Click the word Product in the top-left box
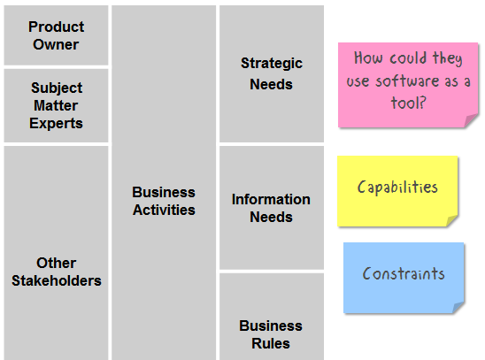tap(57, 27)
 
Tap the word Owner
tap(56, 44)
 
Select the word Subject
tap(57, 88)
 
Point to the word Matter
tap(56, 105)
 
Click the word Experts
tap(56, 124)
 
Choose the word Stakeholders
tap(57, 281)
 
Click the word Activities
tap(164, 211)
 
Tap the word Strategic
tap(272, 64)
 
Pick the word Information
tap(271, 199)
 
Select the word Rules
tap(271, 343)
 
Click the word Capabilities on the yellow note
tap(397, 188)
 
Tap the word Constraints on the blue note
tap(404, 274)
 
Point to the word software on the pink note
tap(407, 81)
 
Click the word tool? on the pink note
tap(409, 103)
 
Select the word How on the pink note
tap(368, 58)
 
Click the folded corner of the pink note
tap(471, 120)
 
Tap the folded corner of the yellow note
tap(452, 220)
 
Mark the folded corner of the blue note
tap(458, 308)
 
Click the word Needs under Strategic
tap(271, 84)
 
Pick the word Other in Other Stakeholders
tap(56, 264)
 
